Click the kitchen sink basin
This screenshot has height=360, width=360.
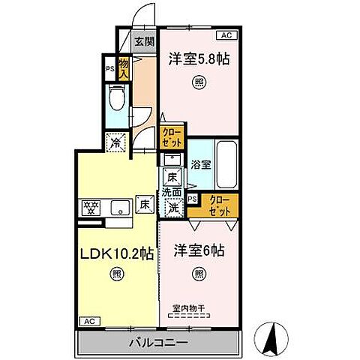118,206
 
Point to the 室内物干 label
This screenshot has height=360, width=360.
189,307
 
